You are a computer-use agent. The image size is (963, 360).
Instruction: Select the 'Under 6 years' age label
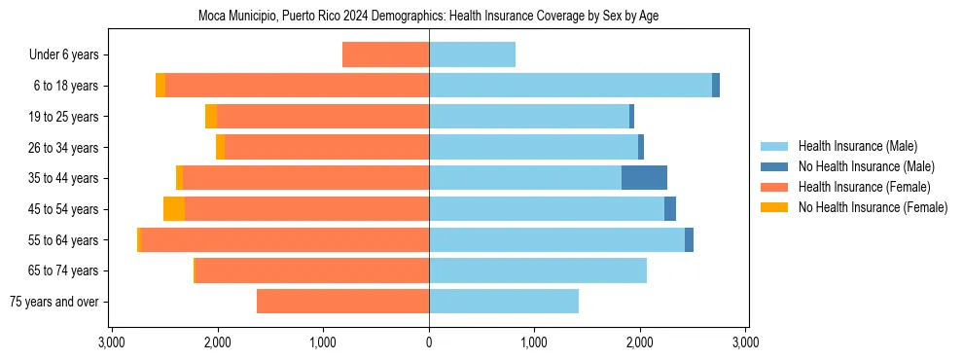tap(69, 55)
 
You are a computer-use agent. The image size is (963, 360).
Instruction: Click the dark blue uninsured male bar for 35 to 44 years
tap(644, 178)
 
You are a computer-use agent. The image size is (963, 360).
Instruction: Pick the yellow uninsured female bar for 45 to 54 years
tap(174, 209)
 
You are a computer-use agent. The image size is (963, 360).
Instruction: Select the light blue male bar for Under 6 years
tap(472, 55)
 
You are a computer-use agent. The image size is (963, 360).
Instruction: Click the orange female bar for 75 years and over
tap(342, 302)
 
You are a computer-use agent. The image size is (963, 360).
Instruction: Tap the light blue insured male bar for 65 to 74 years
tap(537, 270)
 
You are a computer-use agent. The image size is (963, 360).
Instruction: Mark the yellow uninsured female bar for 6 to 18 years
tap(160, 86)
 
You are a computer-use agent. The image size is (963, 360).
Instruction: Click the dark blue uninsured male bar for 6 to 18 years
tap(716, 86)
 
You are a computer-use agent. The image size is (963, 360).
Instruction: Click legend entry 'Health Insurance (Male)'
tap(857, 146)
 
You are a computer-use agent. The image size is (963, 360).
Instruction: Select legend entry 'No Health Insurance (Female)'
tap(873, 207)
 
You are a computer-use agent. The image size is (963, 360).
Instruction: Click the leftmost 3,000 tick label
tap(112, 343)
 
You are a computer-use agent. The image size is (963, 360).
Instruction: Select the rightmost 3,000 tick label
tap(745, 343)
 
